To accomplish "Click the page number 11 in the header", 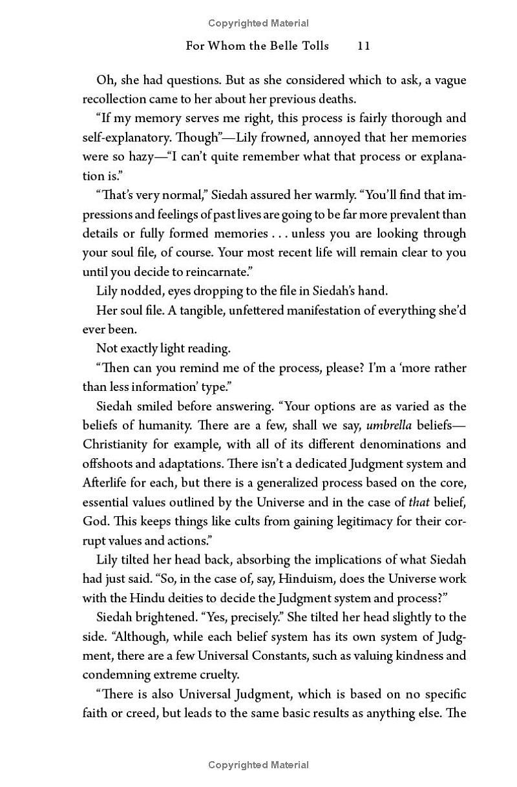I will [363, 45].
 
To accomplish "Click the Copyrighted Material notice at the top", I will [258, 23].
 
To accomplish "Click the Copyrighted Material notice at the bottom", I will [258, 765].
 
